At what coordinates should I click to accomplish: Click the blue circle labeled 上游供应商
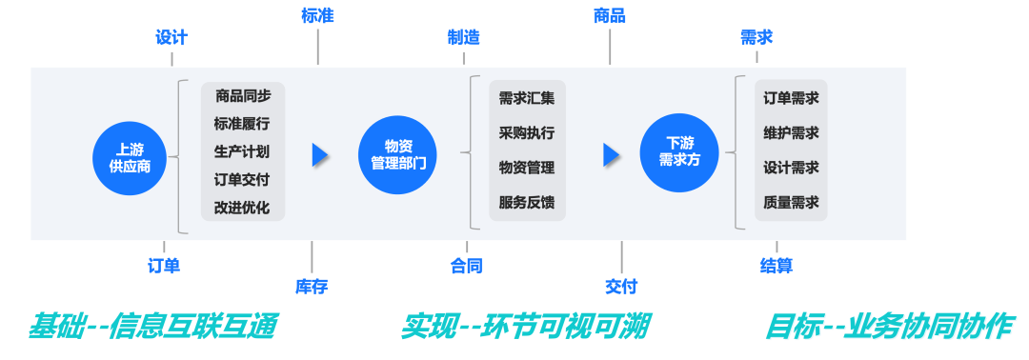click(130, 158)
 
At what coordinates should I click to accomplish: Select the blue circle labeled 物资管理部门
click(397, 154)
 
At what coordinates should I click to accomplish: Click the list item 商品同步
click(243, 95)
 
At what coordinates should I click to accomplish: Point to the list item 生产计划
click(242, 151)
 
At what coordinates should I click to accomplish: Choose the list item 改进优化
click(242, 208)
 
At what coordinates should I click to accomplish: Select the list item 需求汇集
click(526, 98)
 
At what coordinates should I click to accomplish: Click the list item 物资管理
click(526, 168)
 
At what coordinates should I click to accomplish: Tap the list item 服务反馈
click(526, 202)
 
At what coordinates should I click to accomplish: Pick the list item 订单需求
click(791, 98)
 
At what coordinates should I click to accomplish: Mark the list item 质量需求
click(791, 202)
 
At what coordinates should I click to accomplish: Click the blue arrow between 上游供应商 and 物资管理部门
click(320, 155)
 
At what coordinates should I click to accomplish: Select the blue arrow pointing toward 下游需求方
click(612, 155)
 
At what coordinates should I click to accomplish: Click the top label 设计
click(172, 38)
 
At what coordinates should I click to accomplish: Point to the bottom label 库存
click(312, 286)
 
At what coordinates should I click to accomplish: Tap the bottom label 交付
click(621, 287)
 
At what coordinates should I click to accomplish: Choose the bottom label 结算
click(777, 266)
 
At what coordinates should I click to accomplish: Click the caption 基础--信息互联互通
click(152, 327)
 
